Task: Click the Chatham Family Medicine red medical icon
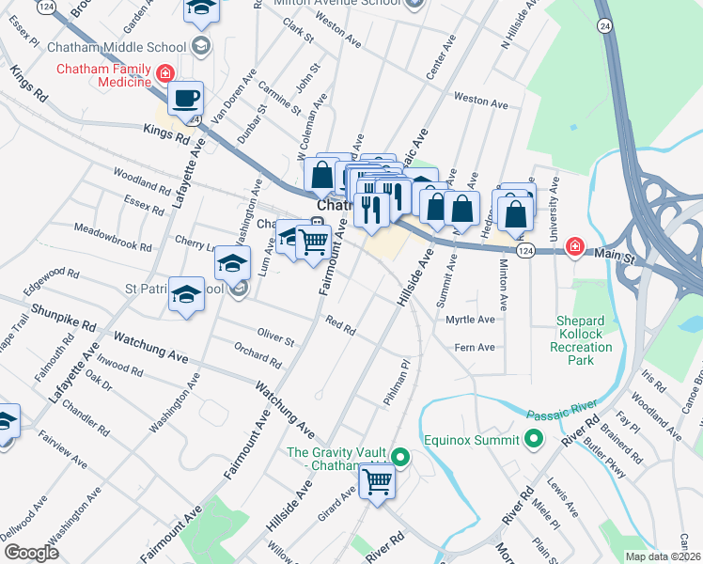pos(165,72)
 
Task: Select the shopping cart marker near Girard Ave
pos(377,482)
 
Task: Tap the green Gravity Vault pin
pos(401,459)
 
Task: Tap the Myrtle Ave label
pos(470,320)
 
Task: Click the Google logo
pos(31,552)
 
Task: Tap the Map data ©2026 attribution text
pos(662,556)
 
